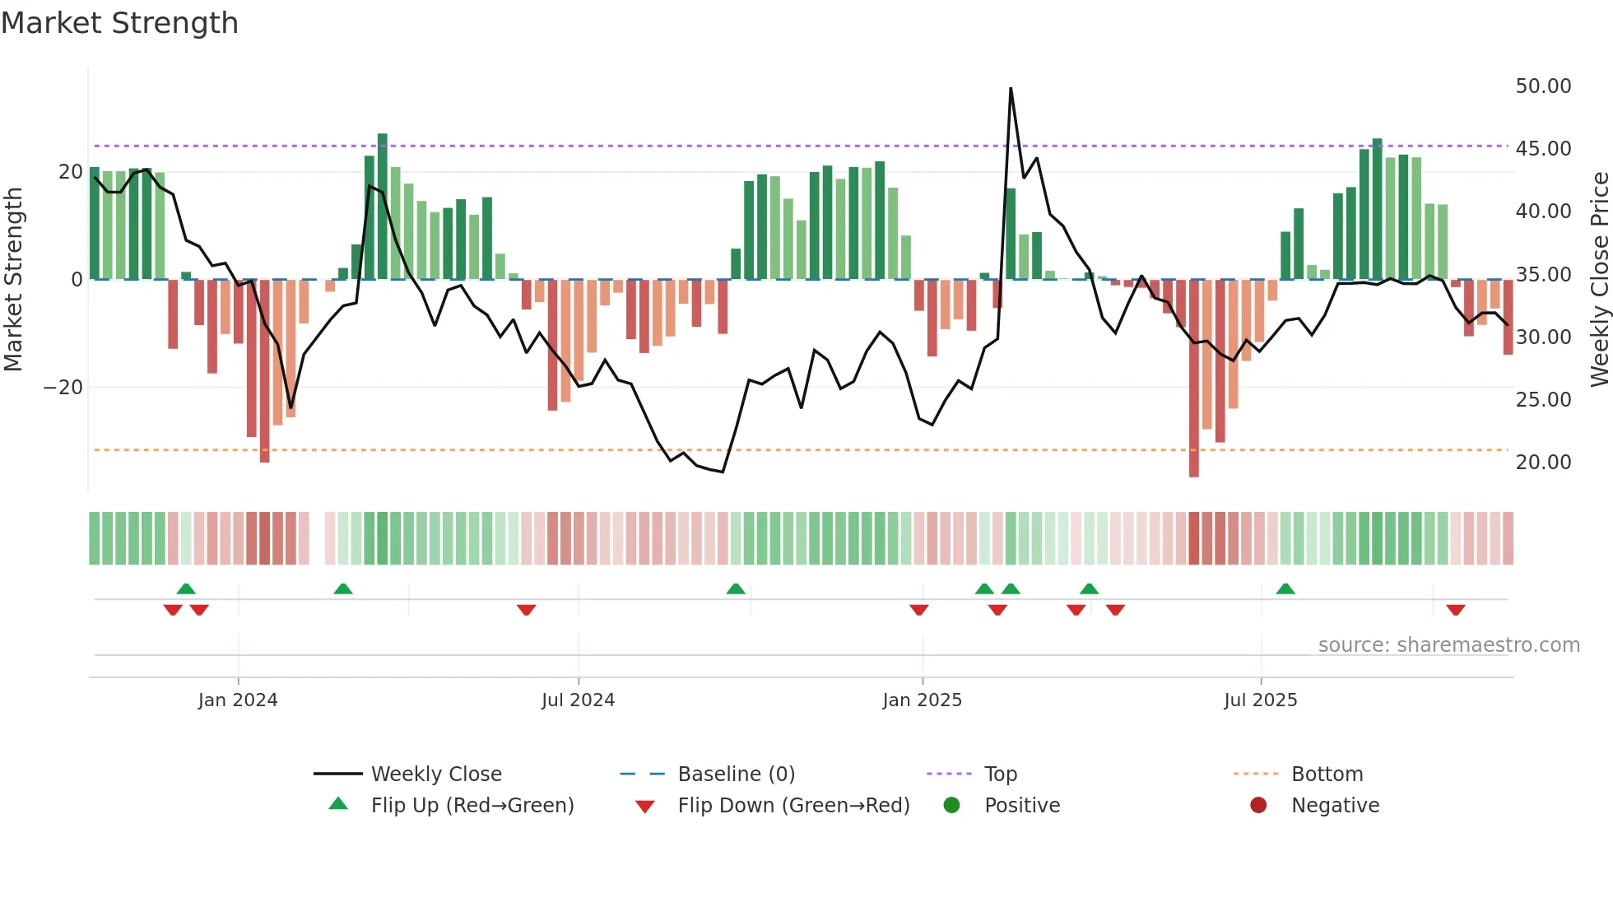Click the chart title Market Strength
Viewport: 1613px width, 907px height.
click(120, 23)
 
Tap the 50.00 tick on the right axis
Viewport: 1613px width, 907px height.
click(1543, 86)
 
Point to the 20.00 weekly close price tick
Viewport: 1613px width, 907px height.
click(1543, 463)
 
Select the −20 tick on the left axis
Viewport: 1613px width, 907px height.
click(63, 388)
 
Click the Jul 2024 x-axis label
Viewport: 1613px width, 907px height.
click(578, 700)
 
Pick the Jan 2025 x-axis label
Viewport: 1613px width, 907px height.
click(922, 700)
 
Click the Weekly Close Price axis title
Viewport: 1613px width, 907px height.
click(1599, 280)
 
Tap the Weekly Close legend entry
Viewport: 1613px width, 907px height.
click(435, 774)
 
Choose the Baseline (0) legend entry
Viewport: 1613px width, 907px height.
click(736, 774)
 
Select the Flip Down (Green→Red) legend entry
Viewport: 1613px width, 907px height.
click(793, 806)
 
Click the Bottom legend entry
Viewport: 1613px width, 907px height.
click(1327, 774)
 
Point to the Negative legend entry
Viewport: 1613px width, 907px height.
click(1335, 806)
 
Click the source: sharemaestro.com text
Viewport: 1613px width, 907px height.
click(1448, 645)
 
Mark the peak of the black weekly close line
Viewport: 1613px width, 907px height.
click(1011, 89)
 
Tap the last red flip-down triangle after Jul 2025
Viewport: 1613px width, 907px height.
click(1455, 610)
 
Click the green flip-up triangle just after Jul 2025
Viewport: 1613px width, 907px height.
click(1285, 588)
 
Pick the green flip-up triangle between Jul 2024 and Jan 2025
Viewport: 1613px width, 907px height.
click(736, 588)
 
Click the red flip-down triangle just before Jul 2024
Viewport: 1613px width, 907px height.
click(527, 610)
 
